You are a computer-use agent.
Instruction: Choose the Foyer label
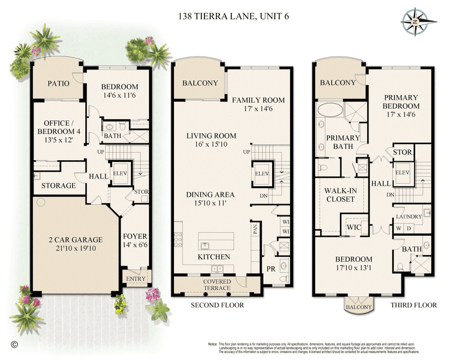tap(135, 236)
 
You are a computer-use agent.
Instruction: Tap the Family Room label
tap(258, 99)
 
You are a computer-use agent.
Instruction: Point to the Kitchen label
tap(214, 256)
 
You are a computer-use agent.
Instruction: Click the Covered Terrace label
tap(217, 285)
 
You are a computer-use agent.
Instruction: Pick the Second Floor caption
tap(217, 305)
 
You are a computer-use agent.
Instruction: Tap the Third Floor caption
tap(414, 305)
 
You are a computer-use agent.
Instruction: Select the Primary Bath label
tap(339, 142)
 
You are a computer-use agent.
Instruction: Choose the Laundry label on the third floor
tap(409, 216)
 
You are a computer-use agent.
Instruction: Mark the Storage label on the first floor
tap(58, 186)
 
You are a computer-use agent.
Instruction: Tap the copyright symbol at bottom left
tap(14, 342)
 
